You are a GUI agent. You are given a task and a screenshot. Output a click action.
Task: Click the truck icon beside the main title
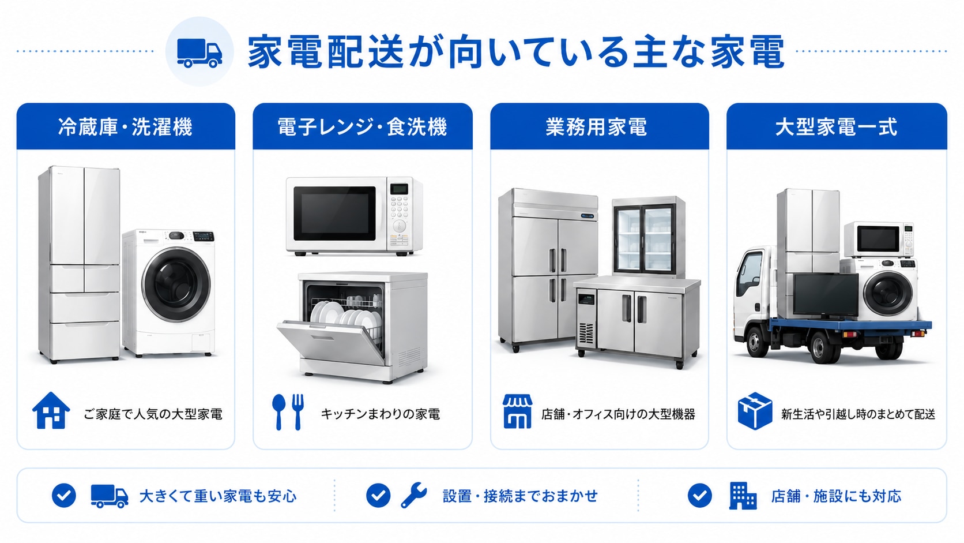pos(199,54)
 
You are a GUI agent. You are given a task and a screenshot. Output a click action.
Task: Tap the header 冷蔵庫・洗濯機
pos(125,127)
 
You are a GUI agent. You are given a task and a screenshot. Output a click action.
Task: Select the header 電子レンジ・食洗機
pos(362,127)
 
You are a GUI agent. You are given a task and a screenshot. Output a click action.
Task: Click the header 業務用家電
pos(597,127)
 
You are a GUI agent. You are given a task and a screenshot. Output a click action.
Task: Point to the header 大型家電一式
pos(836,127)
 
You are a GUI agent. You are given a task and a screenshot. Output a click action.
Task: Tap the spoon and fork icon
pos(288,411)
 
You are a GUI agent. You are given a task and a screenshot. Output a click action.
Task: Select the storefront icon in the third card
pos(517,411)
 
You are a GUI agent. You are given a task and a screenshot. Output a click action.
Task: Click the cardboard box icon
pos(755,411)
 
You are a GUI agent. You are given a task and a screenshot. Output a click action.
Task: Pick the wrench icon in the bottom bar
pos(413,495)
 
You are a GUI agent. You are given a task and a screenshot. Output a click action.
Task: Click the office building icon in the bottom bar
pos(743,496)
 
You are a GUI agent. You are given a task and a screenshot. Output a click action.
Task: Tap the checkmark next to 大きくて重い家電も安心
pos(63,495)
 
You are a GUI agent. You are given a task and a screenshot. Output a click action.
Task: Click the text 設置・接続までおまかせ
pos(520,496)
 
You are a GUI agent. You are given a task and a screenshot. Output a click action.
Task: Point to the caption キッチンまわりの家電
pos(380,414)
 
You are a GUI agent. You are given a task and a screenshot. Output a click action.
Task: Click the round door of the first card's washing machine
pos(176,284)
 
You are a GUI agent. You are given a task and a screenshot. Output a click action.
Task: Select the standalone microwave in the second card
pos(354,216)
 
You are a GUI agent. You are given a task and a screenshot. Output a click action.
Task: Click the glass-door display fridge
pos(649,237)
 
